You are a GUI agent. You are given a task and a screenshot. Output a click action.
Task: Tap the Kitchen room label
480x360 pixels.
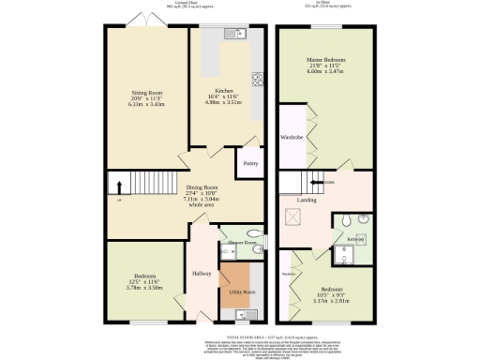click(224, 91)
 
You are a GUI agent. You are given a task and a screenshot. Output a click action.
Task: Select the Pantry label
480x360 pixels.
click(250, 163)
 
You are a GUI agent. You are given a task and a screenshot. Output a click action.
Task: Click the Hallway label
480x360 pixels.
click(202, 273)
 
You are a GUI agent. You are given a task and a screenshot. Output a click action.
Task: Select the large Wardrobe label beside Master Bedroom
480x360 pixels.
click(290, 138)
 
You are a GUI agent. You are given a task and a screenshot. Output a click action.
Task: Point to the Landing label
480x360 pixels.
click(307, 200)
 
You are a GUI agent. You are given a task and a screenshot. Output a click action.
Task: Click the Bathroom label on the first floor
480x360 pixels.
click(355, 239)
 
